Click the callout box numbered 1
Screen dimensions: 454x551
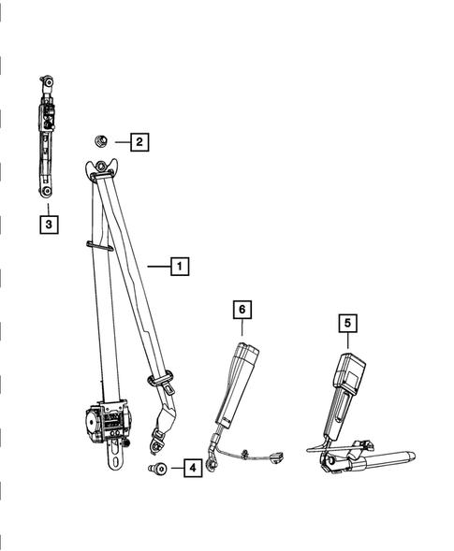180,267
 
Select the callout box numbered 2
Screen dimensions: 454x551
139,142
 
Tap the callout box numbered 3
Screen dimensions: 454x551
49,224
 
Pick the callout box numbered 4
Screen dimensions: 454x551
193,468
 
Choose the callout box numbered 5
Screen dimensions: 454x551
348,323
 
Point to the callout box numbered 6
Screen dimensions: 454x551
242,310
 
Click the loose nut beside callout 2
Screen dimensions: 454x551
100,141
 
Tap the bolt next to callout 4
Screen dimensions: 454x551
157,468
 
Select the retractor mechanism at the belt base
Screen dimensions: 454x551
108,421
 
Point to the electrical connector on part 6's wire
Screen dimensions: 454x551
277,457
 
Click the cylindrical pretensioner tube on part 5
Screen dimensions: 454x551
383,460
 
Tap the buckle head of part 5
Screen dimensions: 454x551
348,370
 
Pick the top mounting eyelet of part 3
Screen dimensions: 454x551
48,82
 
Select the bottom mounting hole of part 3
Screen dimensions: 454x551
47,191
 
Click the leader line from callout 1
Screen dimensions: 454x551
159,267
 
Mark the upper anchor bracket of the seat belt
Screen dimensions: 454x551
101,167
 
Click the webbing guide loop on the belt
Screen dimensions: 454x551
99,246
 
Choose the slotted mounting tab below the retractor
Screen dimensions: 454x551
116,456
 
